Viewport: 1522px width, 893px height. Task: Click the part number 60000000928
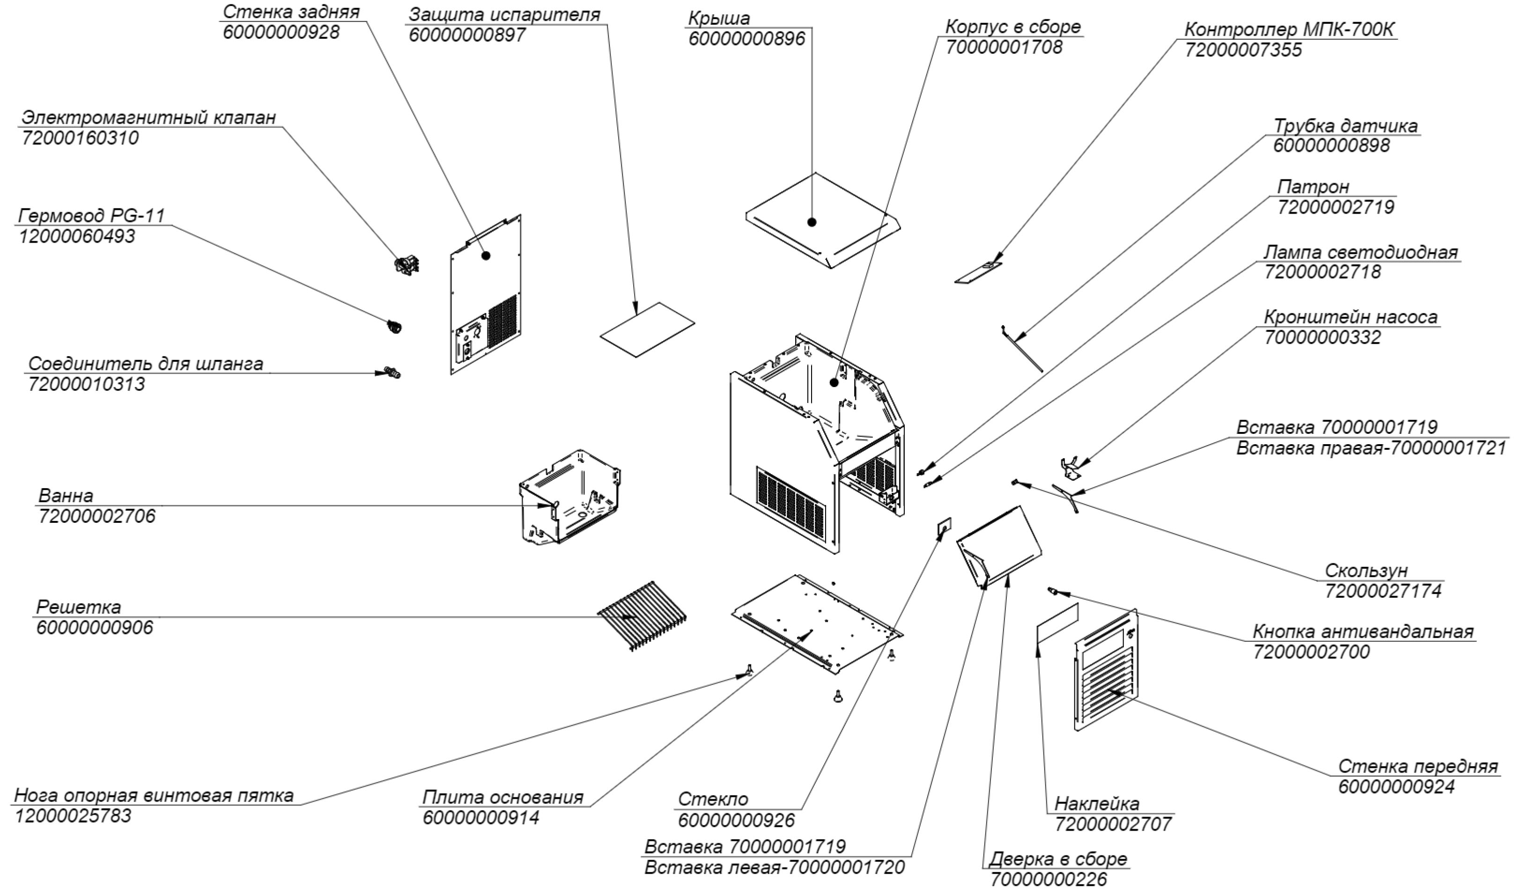coord(281,32)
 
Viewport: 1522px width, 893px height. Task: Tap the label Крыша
coord(719,18)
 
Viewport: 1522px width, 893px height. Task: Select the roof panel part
coord(823,221)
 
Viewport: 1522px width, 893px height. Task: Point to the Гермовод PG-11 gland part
coord(394,327)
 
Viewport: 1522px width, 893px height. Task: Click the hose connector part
coord(392,373)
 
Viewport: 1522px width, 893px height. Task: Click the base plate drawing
coord(817,625)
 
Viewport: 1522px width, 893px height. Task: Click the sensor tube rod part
coord(1021,349)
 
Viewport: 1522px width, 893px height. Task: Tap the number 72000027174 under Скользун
coord(1383,590)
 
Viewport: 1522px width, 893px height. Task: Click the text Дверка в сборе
coord(1058,859)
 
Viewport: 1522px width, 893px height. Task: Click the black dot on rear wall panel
coord(486,255)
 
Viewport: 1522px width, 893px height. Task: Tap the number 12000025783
coord(73,816)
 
